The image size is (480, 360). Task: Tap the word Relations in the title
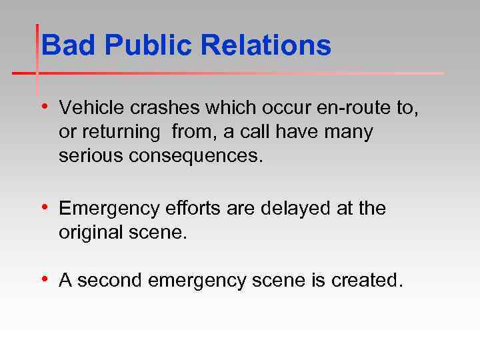[x=266, y=47]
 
